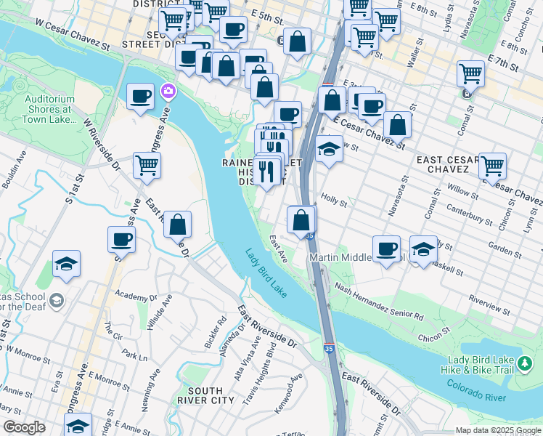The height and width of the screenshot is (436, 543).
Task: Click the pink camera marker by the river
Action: (x=168, y=91)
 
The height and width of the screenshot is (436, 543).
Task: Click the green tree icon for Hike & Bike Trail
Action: (x=524, y=361)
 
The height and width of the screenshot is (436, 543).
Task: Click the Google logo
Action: (x=24, y=427)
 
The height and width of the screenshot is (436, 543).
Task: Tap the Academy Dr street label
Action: (x=136, y=297)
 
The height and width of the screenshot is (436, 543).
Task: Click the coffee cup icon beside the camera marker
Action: (x=140, y=96)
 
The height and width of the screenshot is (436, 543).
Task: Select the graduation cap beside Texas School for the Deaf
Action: (x=66, y=264)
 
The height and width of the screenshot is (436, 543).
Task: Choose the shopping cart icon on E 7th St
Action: (x=470, y=73)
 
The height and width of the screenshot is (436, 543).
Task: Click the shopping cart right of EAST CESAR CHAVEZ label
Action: (x=492, y=165)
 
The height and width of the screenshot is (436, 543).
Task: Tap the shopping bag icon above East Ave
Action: (x=301, y=219)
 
